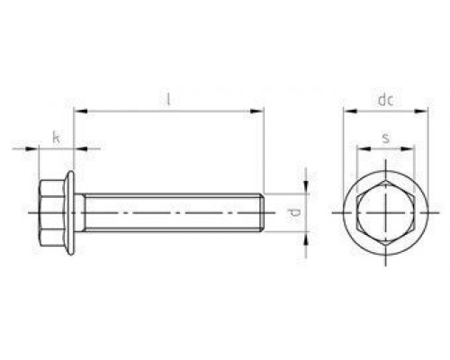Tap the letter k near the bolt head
point(57,137)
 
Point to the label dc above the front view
point(385,101)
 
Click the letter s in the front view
point(385,137)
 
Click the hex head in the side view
point(52,214)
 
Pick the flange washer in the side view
point(69,214)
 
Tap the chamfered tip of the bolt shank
point(262,214)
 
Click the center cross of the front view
point(385,214)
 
